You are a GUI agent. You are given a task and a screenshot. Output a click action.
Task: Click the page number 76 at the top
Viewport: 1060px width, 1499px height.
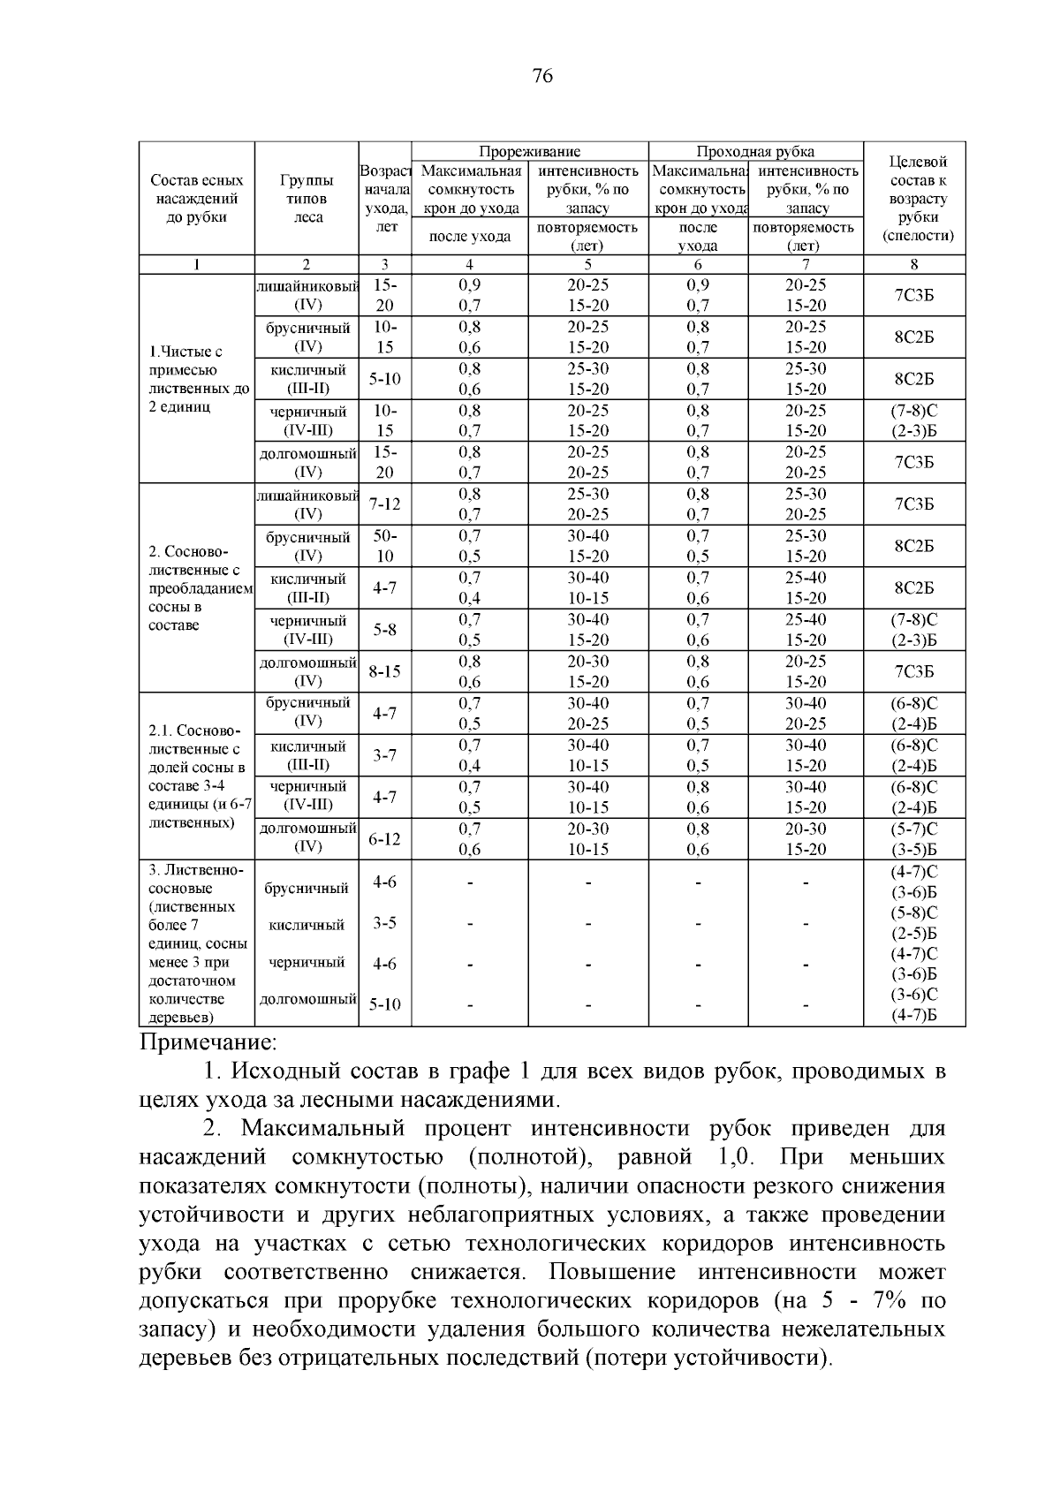(542, 77)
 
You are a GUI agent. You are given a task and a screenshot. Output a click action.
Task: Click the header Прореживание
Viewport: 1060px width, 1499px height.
(530, 151)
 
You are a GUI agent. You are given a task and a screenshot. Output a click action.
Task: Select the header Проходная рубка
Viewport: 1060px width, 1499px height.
(755, 151)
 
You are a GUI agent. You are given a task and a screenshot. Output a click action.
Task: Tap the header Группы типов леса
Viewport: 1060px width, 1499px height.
(307, 199)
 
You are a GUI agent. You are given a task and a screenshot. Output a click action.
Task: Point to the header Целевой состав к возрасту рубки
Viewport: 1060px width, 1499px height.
(913, 199)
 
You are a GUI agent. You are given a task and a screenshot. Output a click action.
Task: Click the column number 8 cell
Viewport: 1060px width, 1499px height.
(913, 264)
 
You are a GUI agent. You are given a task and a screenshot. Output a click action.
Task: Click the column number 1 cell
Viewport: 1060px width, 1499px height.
(197, 264)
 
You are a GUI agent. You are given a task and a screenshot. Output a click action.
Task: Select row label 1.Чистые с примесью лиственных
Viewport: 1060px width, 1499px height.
(197, 379)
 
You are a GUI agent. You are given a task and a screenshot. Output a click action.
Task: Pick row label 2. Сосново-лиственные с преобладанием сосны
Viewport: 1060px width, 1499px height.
(197, 588)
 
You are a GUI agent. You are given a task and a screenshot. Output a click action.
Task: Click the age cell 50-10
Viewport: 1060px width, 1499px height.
(384, 546)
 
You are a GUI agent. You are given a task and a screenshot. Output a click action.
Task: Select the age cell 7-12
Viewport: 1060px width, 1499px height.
(384, 503)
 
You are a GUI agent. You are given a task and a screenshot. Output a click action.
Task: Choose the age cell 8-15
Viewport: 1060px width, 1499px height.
(384, 671)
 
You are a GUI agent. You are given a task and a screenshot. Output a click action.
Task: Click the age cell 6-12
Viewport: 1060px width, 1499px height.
(384, 838)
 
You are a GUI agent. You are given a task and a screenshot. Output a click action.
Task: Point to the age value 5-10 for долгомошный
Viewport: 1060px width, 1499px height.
(384, 1004)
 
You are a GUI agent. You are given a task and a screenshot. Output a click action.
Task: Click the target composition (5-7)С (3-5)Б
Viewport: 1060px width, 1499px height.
(913, 839)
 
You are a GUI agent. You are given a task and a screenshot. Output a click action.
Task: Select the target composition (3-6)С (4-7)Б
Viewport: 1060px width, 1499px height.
(913, 1004)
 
